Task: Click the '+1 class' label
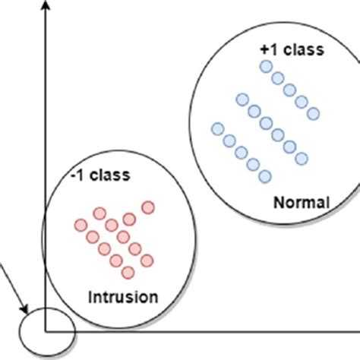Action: pos(292,49)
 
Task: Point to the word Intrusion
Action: pos(125,295)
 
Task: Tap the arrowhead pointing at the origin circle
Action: pos(27,311)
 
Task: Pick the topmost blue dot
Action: pos(266,67)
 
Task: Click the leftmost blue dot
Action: pos(217,128)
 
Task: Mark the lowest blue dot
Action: pos(265,177)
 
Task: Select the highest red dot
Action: pos(148,207)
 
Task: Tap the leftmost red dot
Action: pos(81,225)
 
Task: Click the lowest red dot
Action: pos(128,272)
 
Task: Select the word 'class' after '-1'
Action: pos(112,175)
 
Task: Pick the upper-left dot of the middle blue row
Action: pos(242,99)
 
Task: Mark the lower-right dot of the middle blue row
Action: pos(302,158)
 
